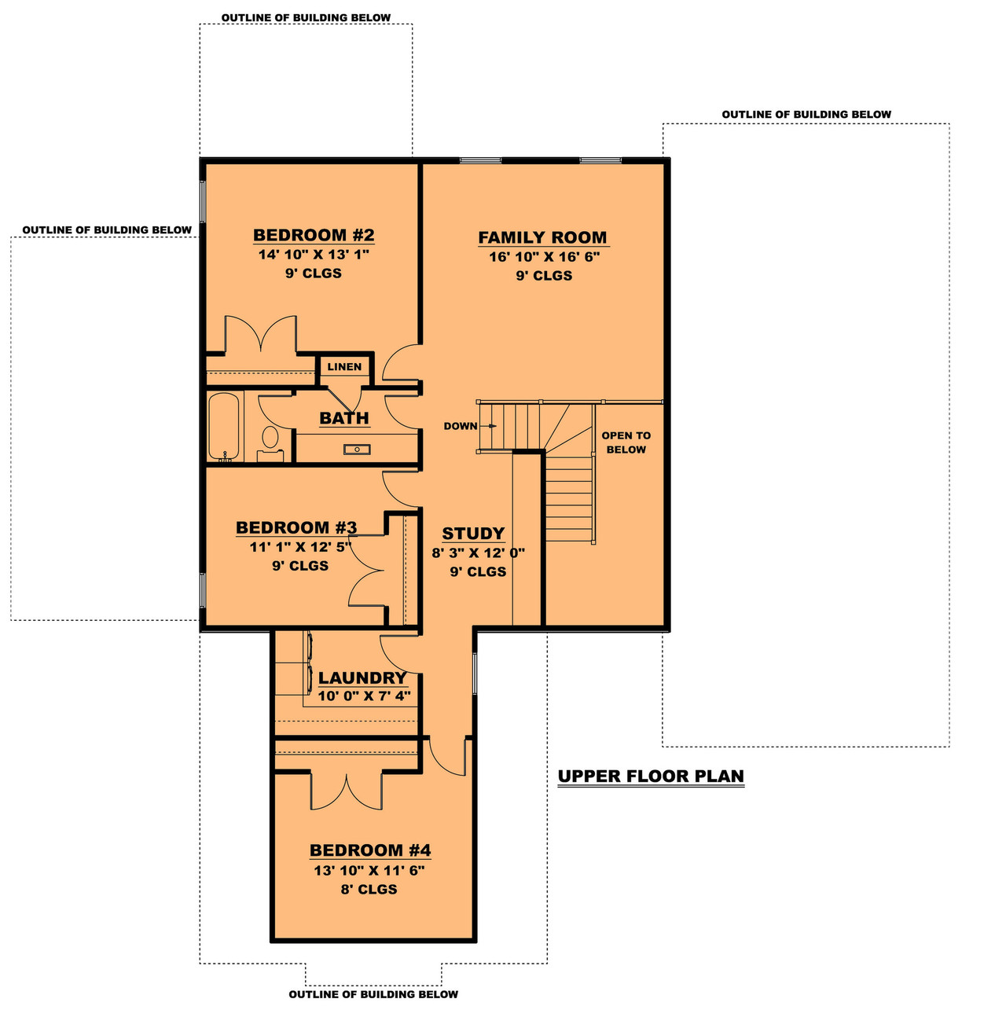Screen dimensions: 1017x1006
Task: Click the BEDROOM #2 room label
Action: pos(314,235)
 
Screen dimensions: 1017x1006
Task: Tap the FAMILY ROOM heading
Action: pos(542,237)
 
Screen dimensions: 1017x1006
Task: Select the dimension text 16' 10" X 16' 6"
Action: pos(544,256)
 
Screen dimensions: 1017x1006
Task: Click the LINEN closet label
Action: pos(344,367)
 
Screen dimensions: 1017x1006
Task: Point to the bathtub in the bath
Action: pos(223,426)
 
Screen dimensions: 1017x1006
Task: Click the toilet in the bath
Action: pos(270,439)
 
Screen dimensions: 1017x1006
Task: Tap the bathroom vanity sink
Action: pos(357,450)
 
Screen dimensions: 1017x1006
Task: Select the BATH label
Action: pos(344,418)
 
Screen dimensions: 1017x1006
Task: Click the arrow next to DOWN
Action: pos(490,426)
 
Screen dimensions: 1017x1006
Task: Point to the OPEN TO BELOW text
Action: pos(626,442)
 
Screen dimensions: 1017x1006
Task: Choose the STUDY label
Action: pos(473,534)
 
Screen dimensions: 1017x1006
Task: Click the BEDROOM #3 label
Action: pos(296,527)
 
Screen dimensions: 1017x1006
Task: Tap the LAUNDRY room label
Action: pos(362,677)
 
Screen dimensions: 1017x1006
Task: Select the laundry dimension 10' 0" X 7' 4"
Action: pos(364,696)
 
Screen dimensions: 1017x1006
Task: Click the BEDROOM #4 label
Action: pos(370,850)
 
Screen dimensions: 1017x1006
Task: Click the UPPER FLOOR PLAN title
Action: pos(651,777)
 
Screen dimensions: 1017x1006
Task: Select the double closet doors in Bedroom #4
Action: pos(347,791)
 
